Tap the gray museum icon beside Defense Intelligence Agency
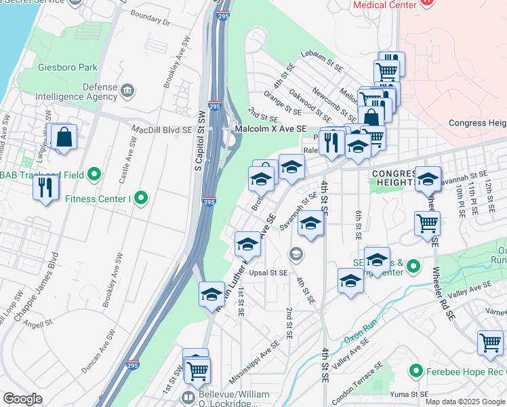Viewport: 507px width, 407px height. (x=127, y=92)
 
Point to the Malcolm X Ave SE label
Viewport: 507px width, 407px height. (x=270, y=129)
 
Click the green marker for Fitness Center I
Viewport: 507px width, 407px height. (x=141, y=199)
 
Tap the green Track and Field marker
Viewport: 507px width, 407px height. (x=94, y=175)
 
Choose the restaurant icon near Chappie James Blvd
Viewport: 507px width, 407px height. (x=45, y=187)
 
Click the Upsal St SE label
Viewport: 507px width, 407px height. (x=269, y=273)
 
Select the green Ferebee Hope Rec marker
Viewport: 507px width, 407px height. (x=415, y=371)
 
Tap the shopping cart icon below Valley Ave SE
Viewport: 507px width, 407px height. (x=489, y=343)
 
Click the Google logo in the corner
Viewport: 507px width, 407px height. (x=22, y=399)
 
